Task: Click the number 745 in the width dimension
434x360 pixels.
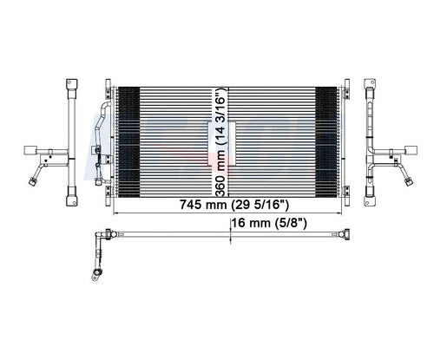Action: pyautogui.click(x=190, y=205)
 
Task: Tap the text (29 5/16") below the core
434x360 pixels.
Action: pyautogui.click(x=260, y=205)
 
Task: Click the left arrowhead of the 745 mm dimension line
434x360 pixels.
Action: pyautogui.click(x=115, y=213)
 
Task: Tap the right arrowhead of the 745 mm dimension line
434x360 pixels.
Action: pyautogui.click(x=339, y=213)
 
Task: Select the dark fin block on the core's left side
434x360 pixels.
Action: pyautogui.click(x=129, y=142)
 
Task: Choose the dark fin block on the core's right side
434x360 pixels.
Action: pyautogui.click(x=326, y=142)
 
